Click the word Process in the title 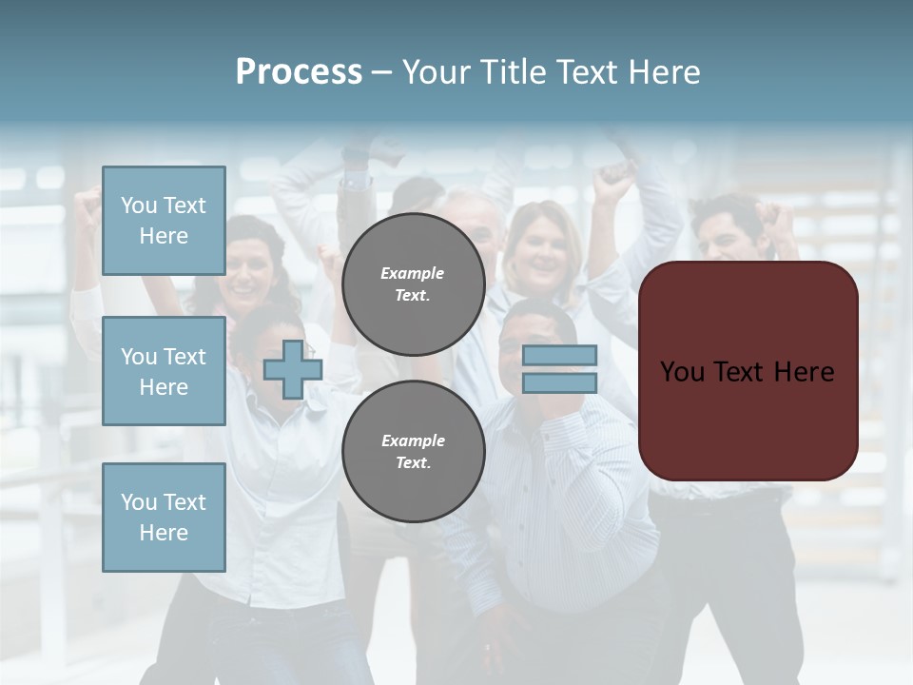coord(299,72)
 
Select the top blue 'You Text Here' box coord(164,221)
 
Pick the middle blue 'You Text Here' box coord(164,371)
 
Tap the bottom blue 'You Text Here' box coord(164,517)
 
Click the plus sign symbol coord(293,370)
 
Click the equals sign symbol coord(559,369)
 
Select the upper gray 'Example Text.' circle coord(413,284)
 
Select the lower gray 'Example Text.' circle coord(413,451)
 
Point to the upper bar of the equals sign coord(559,356)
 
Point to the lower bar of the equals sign coord(559,382)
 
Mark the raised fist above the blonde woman coord(613,176)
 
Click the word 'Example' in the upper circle coord(413,273)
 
